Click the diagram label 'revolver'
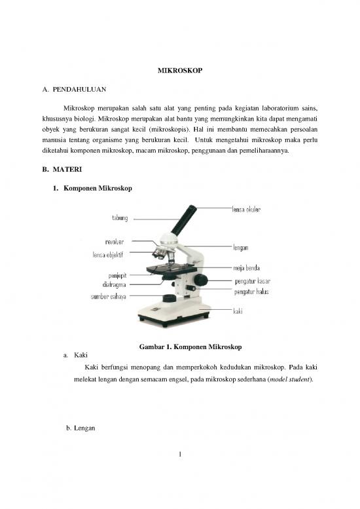click(x=115, y=243)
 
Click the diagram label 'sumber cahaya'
click(x=108, y=297)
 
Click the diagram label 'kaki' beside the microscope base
click(x=238, y=312)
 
